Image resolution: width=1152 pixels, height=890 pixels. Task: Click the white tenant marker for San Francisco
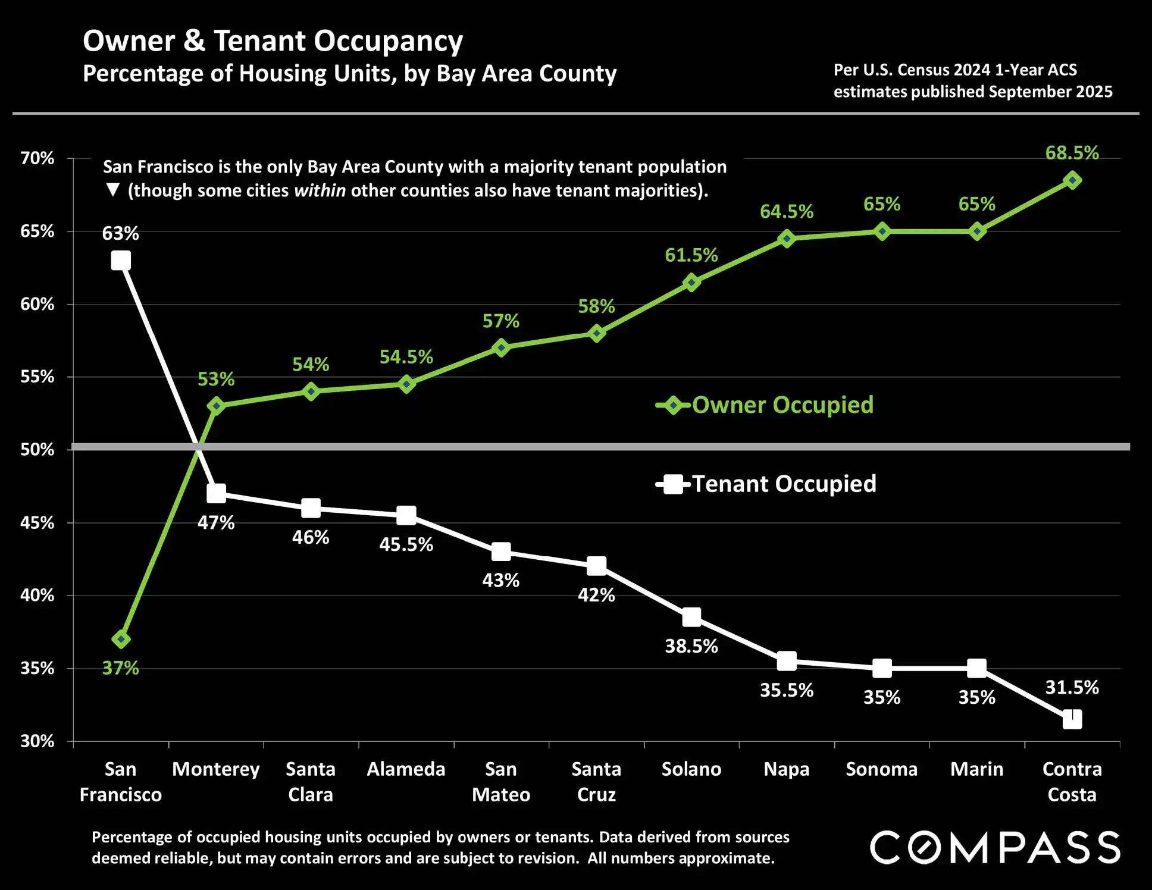pos(121,261)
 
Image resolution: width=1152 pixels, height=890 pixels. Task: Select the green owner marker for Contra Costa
pos(1072,180)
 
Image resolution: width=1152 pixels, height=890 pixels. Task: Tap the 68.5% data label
pos(1072,153)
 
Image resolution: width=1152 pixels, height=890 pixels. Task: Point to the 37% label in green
pos(120,668)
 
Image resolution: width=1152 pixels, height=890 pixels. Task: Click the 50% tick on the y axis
pos(37,450)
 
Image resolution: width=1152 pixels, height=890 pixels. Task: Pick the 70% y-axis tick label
pos(37,158)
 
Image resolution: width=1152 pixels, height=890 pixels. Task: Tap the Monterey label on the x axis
pos(215,769)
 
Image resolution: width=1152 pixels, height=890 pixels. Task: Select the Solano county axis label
pos(691,769)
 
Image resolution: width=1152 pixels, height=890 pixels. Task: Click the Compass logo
pos(995,847)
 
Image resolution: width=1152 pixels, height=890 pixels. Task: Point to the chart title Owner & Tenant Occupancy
pos(273,41)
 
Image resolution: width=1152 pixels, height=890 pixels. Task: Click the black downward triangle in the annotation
pos(112,190)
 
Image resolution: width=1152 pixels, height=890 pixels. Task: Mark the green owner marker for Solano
pos(691,283)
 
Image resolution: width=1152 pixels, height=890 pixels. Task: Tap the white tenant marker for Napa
pos(787,661)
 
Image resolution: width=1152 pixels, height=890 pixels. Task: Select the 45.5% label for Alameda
pos(406,545)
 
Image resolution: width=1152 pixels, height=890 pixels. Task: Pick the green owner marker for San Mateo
pos(501,347)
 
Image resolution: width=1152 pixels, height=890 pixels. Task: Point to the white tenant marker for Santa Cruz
pos(596,566)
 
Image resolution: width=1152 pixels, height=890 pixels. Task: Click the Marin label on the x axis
pos(976,769)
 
